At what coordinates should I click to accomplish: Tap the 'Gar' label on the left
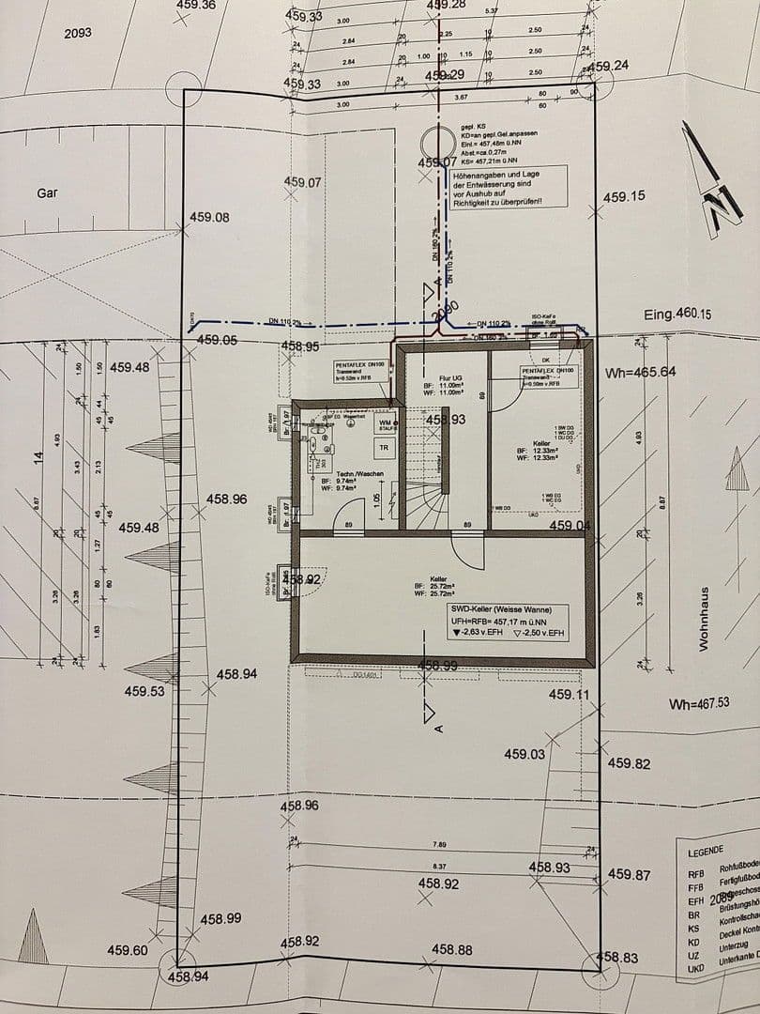(47, 193)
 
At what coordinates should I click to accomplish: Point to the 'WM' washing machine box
(385, 423)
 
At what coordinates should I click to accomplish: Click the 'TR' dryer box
(384, 448)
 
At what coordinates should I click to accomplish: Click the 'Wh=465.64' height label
(641, 373)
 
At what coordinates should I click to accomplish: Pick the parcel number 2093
(78, 33)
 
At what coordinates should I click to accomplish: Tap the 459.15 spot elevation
(624, 197)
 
